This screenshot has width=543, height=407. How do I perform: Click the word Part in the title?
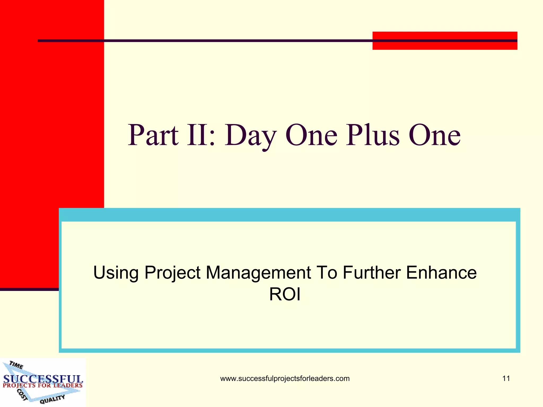153,135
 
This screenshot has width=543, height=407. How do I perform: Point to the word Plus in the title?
373,135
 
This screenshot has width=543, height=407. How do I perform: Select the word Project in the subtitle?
172,273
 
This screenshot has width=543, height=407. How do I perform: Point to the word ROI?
285,294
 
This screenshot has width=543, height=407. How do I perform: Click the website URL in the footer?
285,379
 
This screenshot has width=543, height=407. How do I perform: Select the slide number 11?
506,378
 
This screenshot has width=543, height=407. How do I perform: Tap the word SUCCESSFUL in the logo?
43,379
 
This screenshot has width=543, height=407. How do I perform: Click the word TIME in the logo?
16,365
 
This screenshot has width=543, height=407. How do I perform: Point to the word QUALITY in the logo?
52,399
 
